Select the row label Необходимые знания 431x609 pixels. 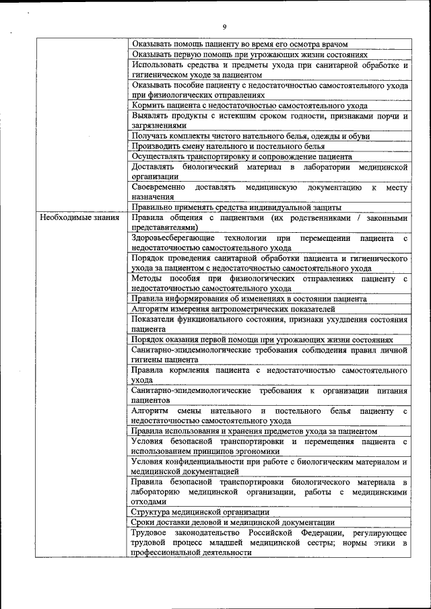[79, 218]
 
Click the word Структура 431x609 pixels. [152, 512]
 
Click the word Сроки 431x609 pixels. [144, 522]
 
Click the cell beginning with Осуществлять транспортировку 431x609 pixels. [242, 156]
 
